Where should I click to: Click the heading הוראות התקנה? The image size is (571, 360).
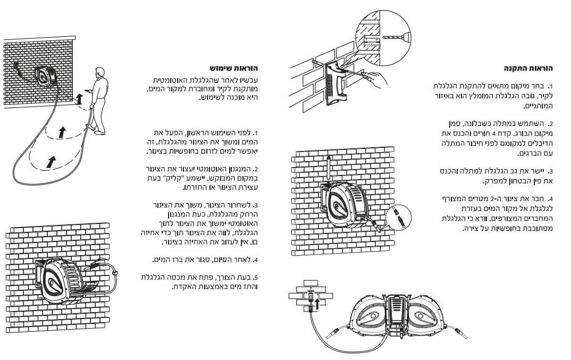tap(528, 68)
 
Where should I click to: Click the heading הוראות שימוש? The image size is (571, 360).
tap(234, 68)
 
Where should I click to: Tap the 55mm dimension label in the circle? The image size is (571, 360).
tap(373, 45)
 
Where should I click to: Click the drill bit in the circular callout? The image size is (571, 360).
tap(394, 37)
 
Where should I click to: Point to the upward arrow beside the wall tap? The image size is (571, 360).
tap(317, 303)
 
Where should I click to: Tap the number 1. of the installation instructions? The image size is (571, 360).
tap(550, 87)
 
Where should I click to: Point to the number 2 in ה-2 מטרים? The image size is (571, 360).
tap(492, 199)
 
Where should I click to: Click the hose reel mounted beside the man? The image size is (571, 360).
tap(46, 77)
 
